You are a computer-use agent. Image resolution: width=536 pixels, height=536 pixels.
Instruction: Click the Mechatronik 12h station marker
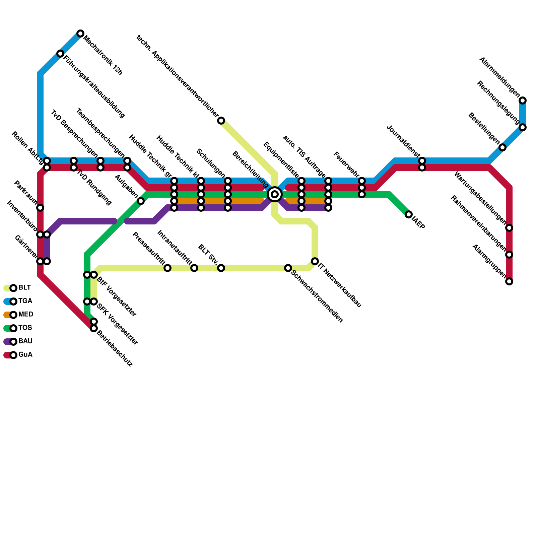(x=80, y=33)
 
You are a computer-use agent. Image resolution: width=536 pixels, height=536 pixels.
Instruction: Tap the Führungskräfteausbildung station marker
(x=60, y=54)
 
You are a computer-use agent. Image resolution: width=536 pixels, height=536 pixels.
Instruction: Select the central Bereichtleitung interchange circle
(x=275, y=194)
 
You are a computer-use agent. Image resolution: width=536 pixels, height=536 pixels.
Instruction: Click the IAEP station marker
(x=409, y=214)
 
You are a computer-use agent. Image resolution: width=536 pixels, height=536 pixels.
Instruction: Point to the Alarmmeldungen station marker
(x=523, y=100)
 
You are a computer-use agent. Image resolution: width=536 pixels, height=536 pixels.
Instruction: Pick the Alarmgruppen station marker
(x=509, y=281)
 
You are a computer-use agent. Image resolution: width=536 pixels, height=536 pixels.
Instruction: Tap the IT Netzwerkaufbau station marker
(x=315, y=261)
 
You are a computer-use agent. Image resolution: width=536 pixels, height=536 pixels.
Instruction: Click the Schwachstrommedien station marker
(x=288, y=268)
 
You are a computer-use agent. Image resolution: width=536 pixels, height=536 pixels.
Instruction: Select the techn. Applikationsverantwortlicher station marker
(x=221, y=121)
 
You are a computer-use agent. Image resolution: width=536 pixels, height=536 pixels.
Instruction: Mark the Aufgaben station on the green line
(x=141, y=201)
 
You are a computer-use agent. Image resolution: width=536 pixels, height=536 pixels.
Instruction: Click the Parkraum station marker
(x=40, y=208)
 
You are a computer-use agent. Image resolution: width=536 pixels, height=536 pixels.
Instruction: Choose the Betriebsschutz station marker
(x=94, y=328)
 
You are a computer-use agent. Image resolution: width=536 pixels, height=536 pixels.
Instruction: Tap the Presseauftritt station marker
(x=167, y=268)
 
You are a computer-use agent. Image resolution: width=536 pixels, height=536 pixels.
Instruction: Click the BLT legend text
(x=24, y=288)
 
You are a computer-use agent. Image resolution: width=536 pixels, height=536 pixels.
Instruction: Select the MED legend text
(x=26, y=315)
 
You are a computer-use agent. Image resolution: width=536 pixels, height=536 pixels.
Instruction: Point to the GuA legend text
(x=25, y=355)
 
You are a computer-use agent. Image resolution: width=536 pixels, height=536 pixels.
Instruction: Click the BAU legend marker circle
(x=13, y=342)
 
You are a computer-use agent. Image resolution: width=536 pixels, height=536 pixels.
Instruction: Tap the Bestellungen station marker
(x=503, y=147)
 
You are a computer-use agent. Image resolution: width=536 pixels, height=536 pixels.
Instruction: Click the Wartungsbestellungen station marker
(x=509, y=228)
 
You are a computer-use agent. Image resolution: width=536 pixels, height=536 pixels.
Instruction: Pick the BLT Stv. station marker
(x=221, y=268)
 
